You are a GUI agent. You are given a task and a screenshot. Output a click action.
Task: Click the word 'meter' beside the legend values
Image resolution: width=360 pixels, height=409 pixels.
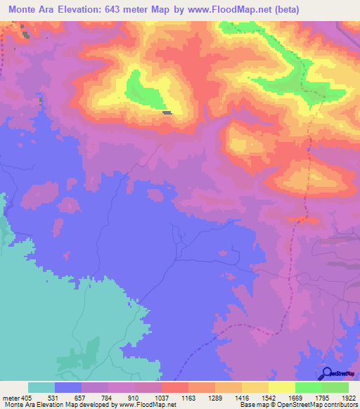11,397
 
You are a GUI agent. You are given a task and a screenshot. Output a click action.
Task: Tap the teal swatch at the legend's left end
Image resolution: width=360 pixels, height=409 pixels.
41,387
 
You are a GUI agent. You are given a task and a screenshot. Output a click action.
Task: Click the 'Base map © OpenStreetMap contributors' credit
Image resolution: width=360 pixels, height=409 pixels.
299,405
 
